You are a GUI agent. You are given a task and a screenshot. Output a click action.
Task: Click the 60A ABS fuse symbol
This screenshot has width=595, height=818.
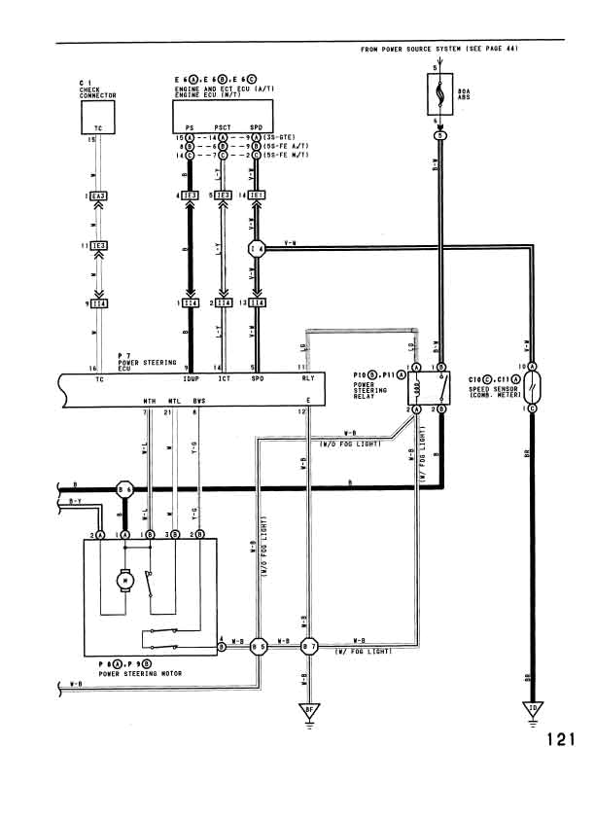(440, 94)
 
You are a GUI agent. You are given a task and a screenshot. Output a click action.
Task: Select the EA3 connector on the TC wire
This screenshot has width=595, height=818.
(98, 196)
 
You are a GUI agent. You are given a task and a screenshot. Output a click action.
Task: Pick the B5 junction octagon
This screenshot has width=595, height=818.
(259, 646)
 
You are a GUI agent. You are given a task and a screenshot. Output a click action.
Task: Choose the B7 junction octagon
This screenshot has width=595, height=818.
(309, 646)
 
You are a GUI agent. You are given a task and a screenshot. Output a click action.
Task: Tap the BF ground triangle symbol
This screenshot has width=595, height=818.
(309, 709)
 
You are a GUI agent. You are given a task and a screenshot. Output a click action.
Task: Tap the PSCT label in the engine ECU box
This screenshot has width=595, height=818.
(223, 127)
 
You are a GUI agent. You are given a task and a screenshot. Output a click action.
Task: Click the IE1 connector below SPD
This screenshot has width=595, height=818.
(259, 196)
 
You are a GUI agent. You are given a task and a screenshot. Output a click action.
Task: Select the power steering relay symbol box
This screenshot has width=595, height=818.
(428, 389)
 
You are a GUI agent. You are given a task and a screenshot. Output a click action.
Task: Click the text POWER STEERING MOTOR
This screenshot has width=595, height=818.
(142, 673)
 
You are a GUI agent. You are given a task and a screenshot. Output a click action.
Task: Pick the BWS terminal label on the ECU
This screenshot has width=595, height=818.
(198, 401)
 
